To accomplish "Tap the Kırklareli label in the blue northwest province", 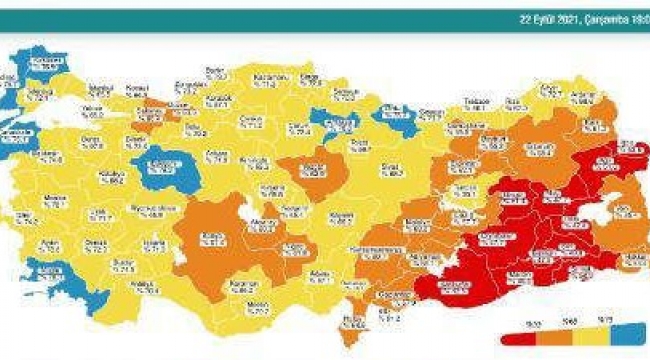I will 41,63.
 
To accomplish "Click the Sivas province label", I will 397,171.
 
